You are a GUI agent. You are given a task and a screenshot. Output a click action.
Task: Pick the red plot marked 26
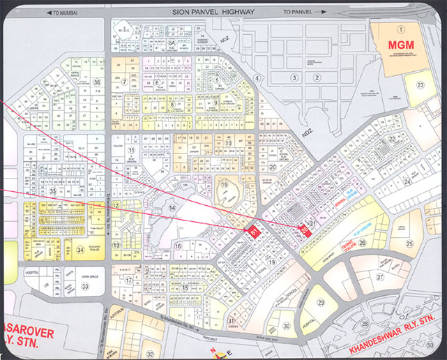tap(305, 231)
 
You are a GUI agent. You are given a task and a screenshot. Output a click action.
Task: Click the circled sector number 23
tap(421, 85)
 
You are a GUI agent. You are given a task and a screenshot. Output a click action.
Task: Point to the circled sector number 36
tap(97, 82)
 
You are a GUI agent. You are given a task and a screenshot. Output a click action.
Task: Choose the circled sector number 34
tap(81, 250)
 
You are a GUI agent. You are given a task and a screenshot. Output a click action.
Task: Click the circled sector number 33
tap(85, 286)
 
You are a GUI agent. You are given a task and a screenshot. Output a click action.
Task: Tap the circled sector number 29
tap(321, 302)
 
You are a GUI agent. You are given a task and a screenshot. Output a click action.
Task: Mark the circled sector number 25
tap(411, 243)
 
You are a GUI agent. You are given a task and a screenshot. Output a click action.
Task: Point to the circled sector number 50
tap(432, 345)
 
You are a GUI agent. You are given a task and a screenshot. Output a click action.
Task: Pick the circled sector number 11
tap(130, 150)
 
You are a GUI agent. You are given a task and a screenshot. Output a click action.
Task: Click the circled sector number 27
tap(380, 276)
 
